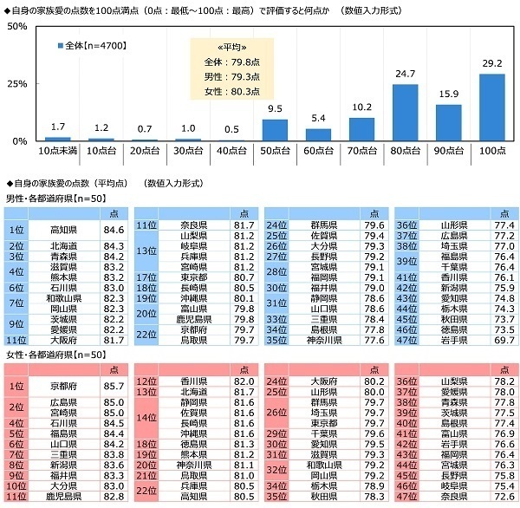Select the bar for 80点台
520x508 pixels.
[405, 113]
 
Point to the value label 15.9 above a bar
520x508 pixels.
[449, 96]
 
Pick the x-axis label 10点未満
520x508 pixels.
[57, 151]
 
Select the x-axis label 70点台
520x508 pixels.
[361, 151]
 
